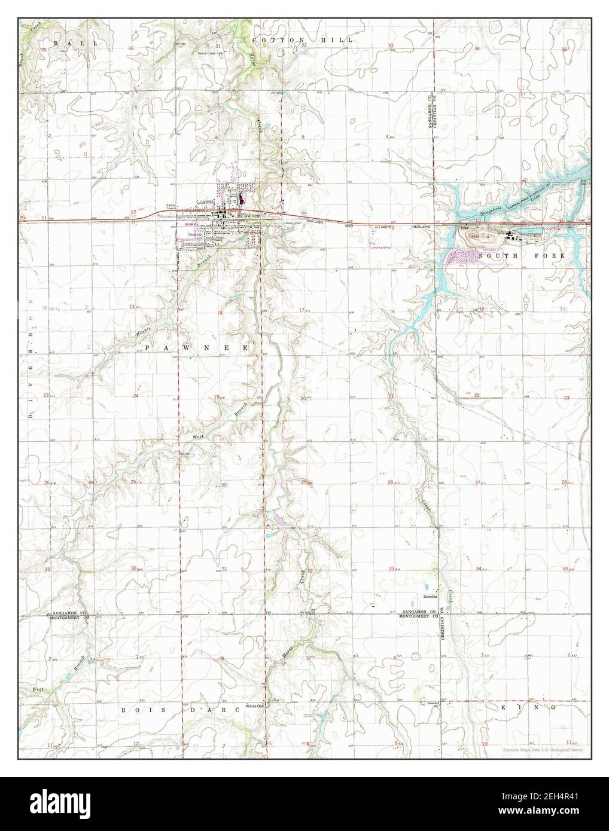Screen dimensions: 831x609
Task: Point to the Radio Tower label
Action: point(170,209)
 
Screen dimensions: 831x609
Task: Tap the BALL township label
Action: point(65,44)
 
